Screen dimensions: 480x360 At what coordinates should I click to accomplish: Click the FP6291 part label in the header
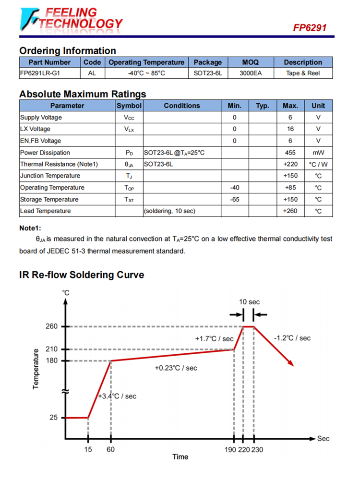coord(310,28)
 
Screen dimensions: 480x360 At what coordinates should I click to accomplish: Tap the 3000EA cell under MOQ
coord(250,73)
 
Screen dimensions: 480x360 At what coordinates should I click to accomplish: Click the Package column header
coord(207,62)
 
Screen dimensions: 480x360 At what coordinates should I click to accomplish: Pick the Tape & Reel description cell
coord(302,73)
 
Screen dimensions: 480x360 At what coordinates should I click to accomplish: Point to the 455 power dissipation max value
coord(290,153)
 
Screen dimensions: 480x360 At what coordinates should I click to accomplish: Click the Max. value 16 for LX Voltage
coord(290,129)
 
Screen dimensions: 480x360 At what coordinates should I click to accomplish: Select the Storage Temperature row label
coord(49,199)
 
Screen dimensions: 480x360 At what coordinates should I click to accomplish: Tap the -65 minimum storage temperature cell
coord(235,199)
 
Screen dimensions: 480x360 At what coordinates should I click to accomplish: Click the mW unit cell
coord(318,153)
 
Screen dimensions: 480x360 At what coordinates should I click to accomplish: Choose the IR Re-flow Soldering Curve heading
coord(82,275)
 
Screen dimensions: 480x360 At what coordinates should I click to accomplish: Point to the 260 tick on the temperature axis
coord(52,326)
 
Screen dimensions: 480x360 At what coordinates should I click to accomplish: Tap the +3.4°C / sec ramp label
coord(117,396)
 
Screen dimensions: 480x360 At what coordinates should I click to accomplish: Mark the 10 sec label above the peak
coord(250,302)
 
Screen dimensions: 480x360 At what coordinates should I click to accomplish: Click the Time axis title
coord(180,457)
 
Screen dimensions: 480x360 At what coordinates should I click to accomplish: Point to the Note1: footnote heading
coord(30,228)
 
